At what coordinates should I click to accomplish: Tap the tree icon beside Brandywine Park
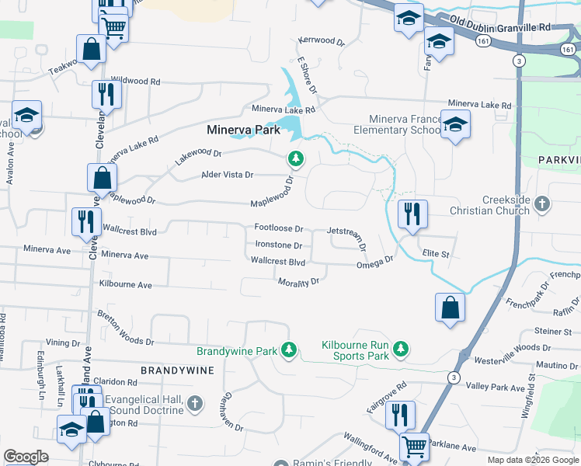click(289, 351)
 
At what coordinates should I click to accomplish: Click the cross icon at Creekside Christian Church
click(542, 204)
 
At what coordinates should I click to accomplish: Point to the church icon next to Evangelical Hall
click(195, 404)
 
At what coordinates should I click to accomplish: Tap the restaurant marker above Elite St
click(412, 214)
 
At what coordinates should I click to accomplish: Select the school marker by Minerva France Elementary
click(454, 123)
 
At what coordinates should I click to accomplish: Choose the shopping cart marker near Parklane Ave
click(414, 447)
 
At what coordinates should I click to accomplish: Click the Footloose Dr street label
click(278, 228)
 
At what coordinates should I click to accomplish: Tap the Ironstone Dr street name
click(278, 245)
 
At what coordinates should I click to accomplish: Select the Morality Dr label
click(299, 281)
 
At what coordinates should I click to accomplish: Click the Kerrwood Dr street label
click(321, 40)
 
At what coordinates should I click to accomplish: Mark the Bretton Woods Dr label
click(126, 327)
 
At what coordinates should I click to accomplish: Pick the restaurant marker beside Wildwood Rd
click(103, 94)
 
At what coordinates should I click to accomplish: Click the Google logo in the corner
click(26, 457)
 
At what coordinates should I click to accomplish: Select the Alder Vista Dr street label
click(228, 175)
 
